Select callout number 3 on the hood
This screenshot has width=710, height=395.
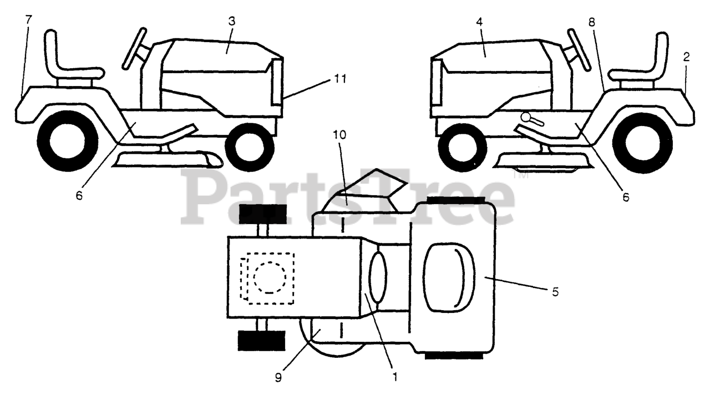click(x=232, y=22)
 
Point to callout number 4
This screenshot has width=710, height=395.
click(x=479, y=23)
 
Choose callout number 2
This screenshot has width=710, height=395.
click(x=686, y=57)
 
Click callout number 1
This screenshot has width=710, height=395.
click(x=395, y=376)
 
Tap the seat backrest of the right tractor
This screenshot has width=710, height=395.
click(x=662, y=53)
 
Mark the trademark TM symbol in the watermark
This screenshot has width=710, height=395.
click(x=520, y=176)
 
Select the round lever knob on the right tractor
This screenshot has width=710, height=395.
click(x=528, y=118)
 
